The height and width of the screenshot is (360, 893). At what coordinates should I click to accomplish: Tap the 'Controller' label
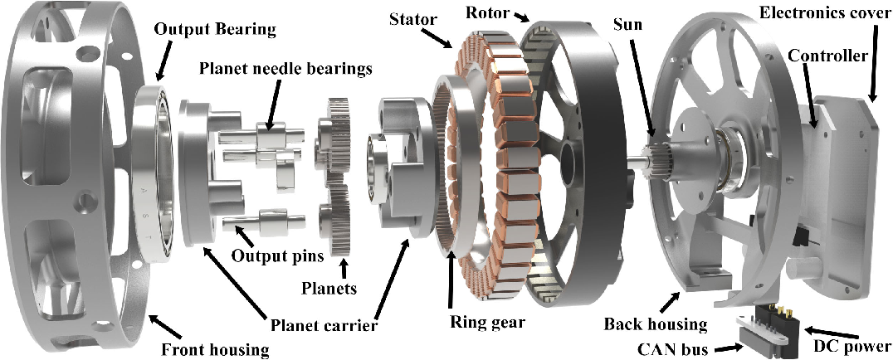click(827, 56)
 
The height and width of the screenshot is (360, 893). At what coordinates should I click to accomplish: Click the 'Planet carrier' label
click(324, 321)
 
